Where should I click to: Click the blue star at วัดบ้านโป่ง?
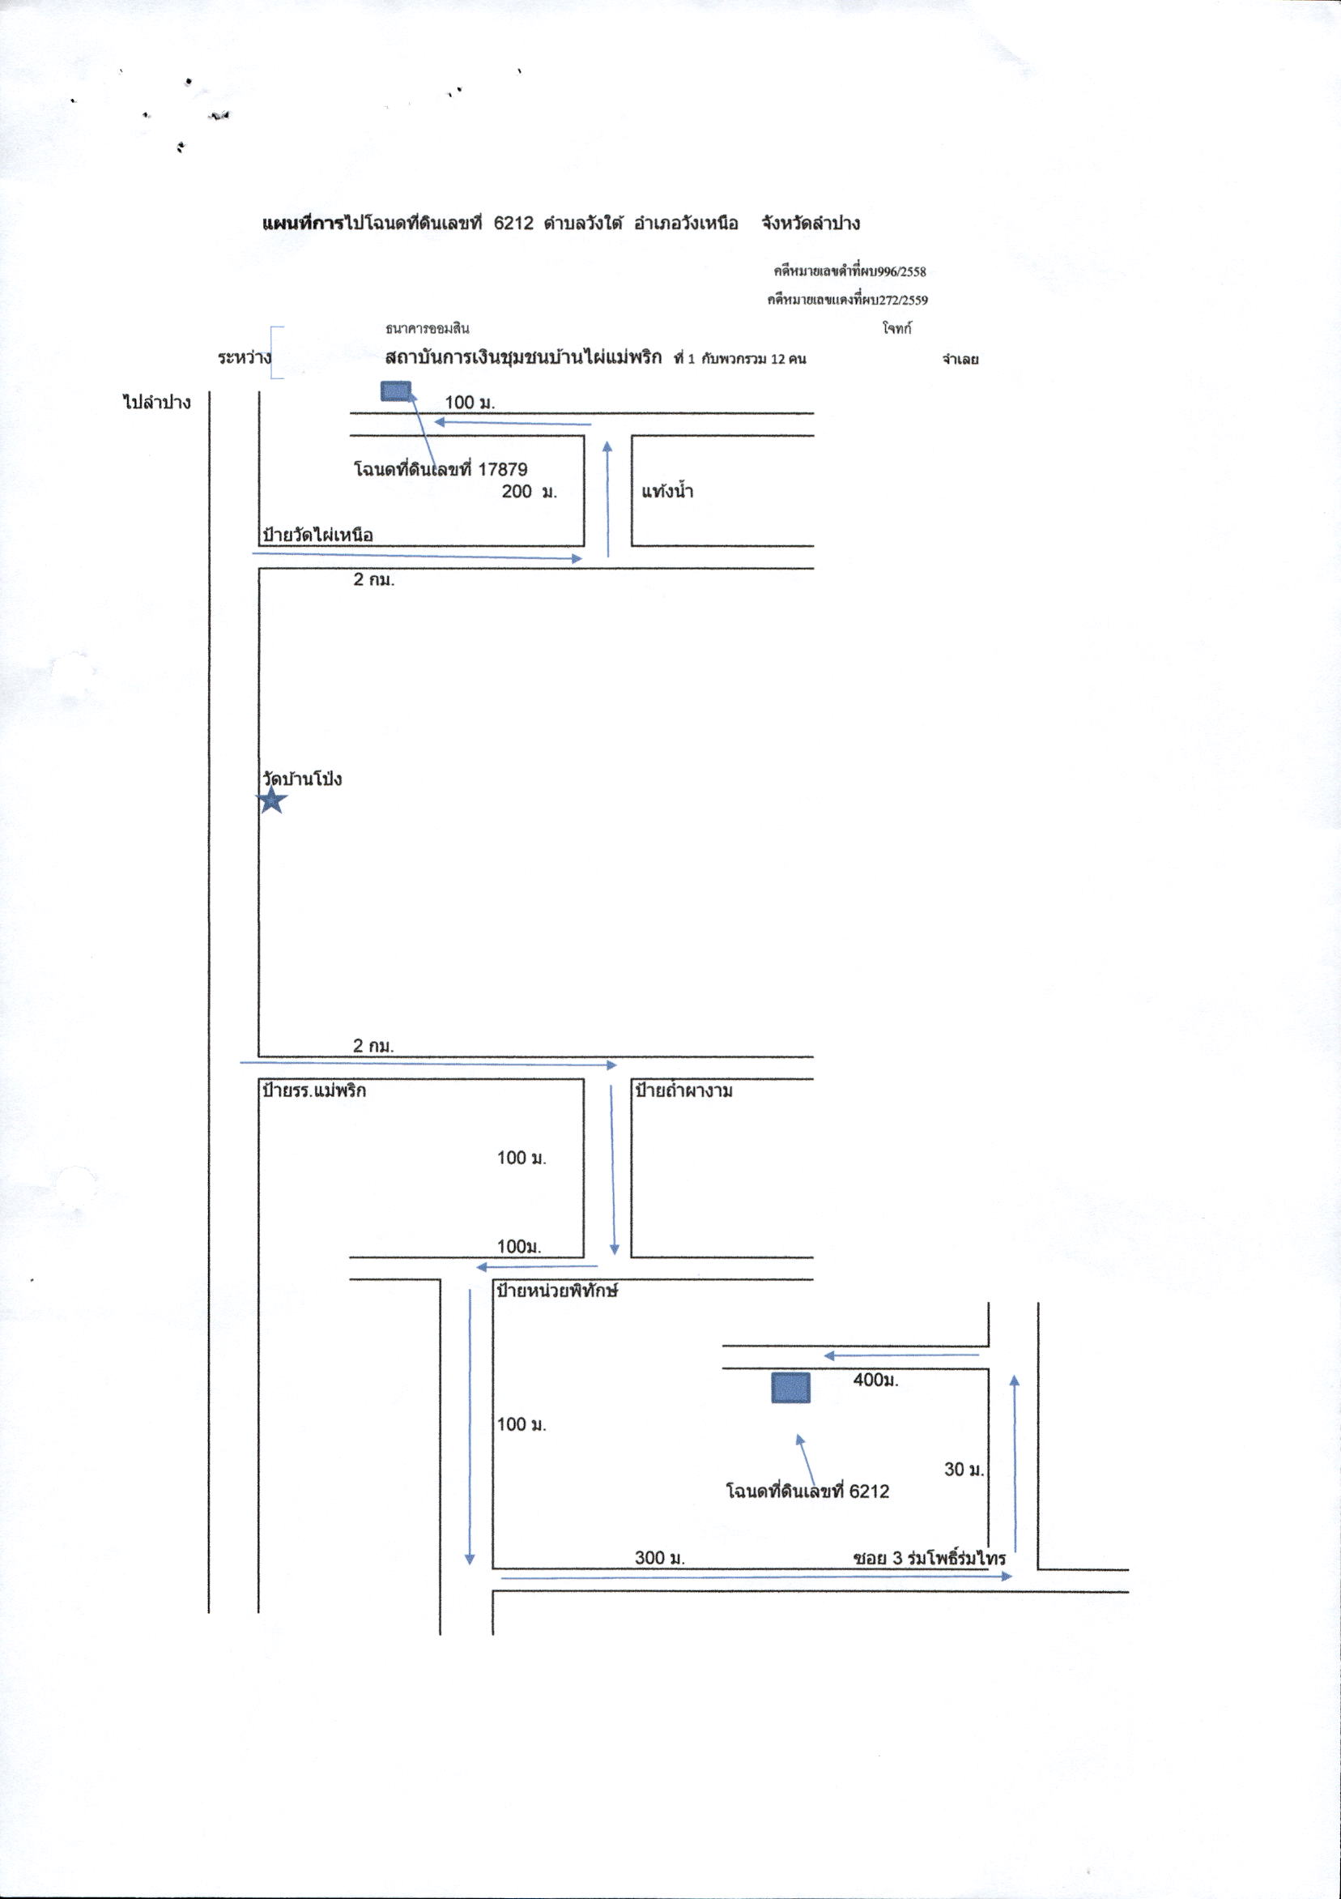(x=272, y=800)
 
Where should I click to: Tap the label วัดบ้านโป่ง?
(x=302, y=779)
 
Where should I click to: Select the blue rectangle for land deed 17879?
(x=396, y=390)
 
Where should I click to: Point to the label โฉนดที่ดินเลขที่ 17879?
(x=441, y=470)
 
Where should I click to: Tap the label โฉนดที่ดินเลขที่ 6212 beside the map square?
(x=807, y=1491)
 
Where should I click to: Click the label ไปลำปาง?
(x=157, y=403)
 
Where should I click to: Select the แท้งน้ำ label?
(x=667, y=491)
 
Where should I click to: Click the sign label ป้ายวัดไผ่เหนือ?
(x=317, y=535)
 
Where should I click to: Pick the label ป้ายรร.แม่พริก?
(x=314, y=1090)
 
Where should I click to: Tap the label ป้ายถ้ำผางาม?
(x=683, y=1090)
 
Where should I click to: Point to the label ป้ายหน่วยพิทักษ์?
(x=558, y=1291)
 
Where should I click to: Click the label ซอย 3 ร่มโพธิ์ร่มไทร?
(x=930, y=1558)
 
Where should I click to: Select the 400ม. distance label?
(x=875, y=1380)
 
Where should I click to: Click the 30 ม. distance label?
(x=964, y=1470)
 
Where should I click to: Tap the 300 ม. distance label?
(x=660, y=1557)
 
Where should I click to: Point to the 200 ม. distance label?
(x=530, y=491)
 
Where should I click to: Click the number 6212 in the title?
(x=513, y=224)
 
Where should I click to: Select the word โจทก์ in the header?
(x=897, y=328)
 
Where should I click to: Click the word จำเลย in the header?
(x=960, y=360)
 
